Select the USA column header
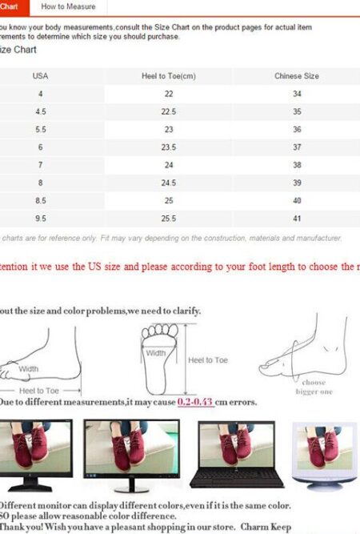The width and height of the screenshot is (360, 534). (40, 76)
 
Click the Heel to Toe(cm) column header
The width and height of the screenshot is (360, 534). (169, 76)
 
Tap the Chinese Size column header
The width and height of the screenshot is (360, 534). (297, 76)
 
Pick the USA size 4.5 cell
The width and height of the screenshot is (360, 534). (41, 112)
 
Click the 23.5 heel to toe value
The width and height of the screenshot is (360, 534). (169, 147)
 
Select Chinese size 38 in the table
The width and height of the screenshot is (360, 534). (297, 165)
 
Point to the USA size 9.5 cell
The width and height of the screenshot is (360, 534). (41, 219)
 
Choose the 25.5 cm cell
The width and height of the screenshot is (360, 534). (169, 219)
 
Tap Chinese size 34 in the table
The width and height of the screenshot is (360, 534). (297, 94)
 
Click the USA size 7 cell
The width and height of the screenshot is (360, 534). (41, 165)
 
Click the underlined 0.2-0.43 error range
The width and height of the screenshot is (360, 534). (196, 402)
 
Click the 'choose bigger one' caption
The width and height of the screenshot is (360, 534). (313, 387)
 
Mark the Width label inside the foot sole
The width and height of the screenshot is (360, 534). (156, 353)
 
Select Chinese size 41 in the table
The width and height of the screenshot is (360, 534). (297, 219)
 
